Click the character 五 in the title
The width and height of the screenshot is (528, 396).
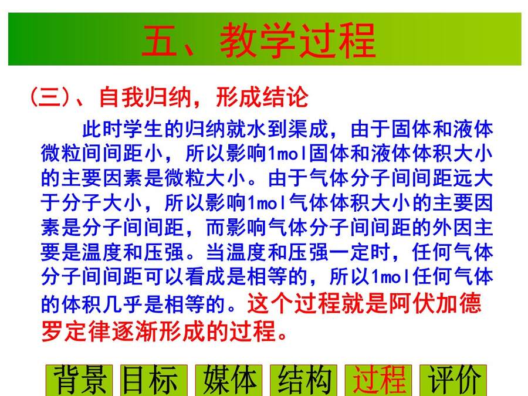click(160, 40)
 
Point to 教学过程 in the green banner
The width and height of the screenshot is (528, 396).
click(298, 40)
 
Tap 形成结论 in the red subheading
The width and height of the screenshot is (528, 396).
click(262, 97)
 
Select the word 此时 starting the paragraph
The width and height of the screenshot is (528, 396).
click(102, 129)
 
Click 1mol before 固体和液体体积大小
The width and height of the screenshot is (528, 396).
click(288, 154)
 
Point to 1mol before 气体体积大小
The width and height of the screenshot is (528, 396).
click(268, 203)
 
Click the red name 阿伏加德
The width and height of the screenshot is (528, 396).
click(435, 303)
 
